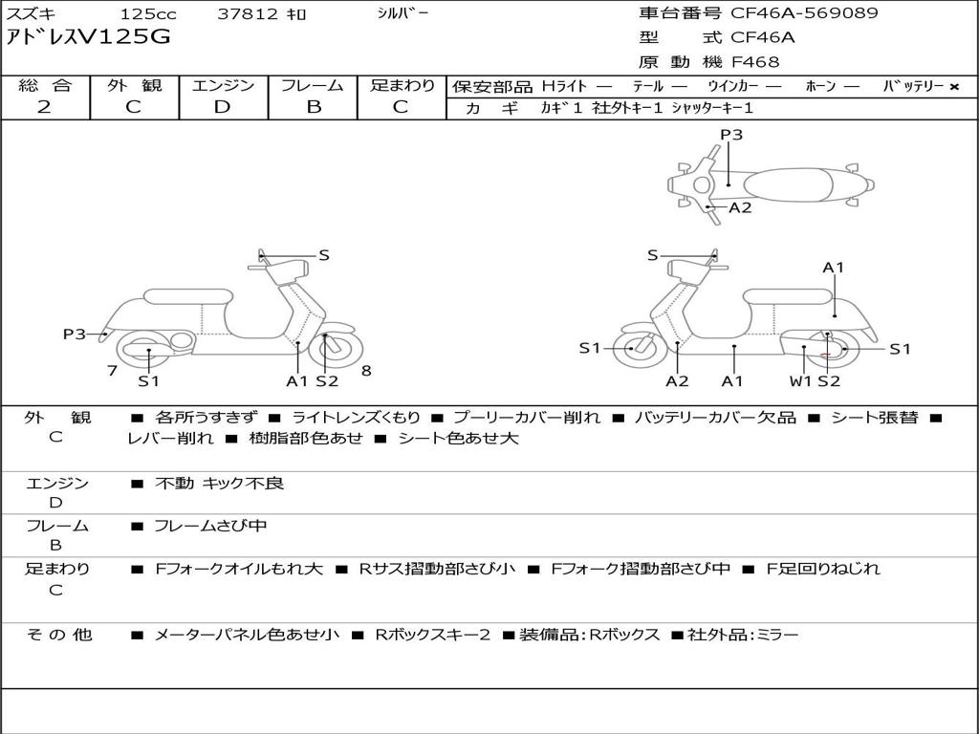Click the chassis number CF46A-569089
pos(804,13)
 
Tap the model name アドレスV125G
pos(88,37)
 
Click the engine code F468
pos(755,62)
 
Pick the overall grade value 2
pos(44,107)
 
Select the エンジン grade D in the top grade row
pos(222,107)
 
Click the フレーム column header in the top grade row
pos(313,85)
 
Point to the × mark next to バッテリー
pos(954,87)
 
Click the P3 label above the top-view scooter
pos(731,134)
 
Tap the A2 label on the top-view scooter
pos(741,207)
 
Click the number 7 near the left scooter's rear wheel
pos(113,371)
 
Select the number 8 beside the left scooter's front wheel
pos(366,371)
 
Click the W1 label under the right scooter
pos(800,381)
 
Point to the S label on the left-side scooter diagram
pos(324,255)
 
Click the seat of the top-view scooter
pos(788,185)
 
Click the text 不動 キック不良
pos(219,483)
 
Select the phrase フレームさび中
pos(210,526)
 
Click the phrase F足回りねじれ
pos(823,569)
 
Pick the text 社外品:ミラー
pos(743,635)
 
